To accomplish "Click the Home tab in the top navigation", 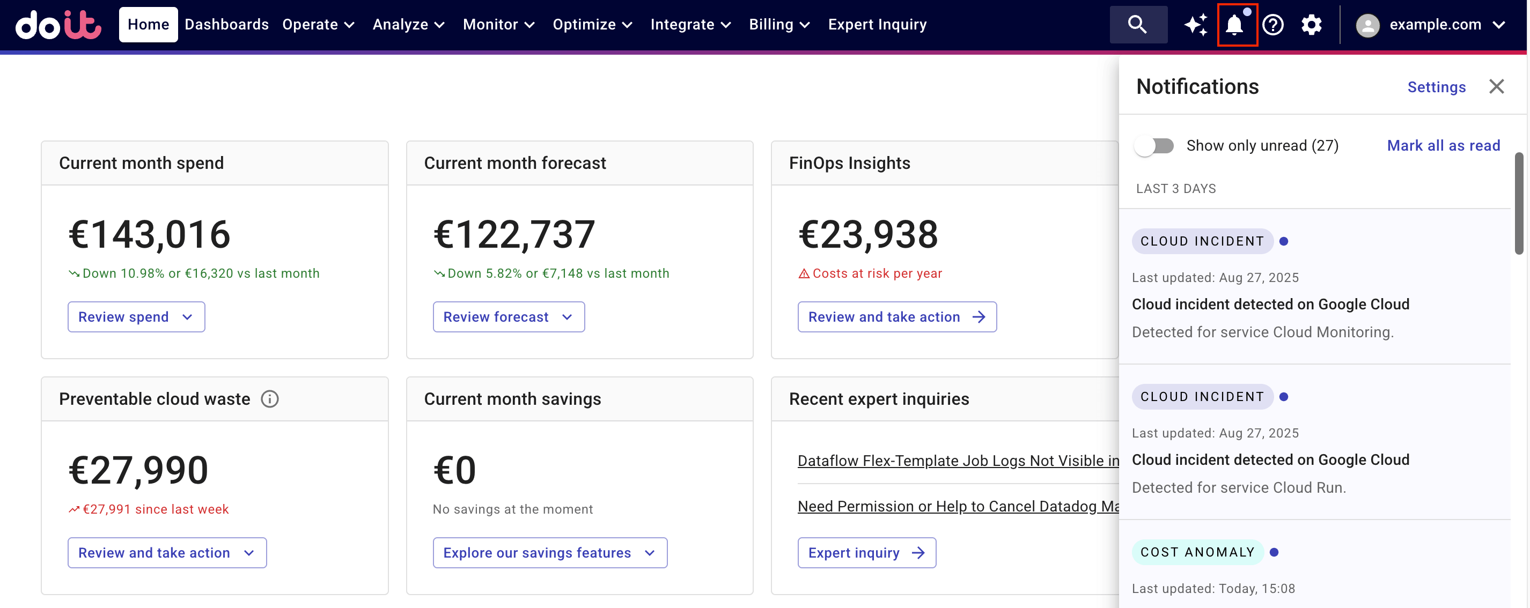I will pyautogui.click(x=148, y=24).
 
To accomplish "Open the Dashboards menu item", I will pyautogui.click(x=226, y=24).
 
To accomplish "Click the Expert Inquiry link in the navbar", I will pyautogui.click(x=877, y=24).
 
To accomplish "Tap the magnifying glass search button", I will pyautogui.click(x=1137, y=24).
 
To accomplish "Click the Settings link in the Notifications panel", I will pyautogui.click(x=1436, y=87).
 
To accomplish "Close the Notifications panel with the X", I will pyautogui.click(x=1496, y=87).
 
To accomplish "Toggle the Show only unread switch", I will pyautogui.click(x=1154, y=146).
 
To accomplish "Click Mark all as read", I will pyautogui.click(x=1443, y=145).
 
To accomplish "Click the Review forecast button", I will pyautogui.click(x=508, y=317).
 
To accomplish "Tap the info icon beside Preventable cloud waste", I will pyautogui.click(x=270, y=399).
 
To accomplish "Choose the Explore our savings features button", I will pyautogui.click(x=549, y=553).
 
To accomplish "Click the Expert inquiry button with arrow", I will pyautogui.click(x=866, y=553).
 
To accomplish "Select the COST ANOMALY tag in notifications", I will pyautogui.click(x=1197, y=552).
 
